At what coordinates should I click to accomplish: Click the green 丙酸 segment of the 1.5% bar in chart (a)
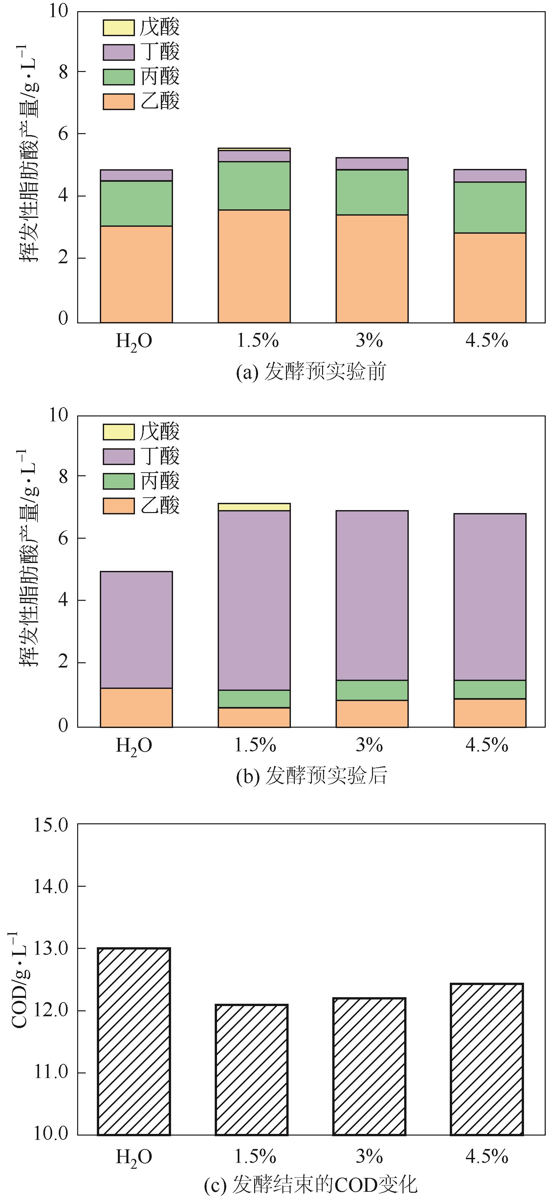coord(254,186)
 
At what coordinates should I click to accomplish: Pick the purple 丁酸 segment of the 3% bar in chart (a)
coord(372,164)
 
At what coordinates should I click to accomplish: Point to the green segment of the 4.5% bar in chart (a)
coord(490,207)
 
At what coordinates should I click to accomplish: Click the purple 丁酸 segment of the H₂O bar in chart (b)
coord(136,630)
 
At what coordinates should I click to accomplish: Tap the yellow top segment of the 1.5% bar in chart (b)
coord(254,507)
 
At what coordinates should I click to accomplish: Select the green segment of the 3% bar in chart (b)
coord(372,690)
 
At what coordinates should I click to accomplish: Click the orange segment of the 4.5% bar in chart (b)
coord(490,713)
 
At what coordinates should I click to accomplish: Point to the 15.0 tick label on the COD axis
coord(51,825)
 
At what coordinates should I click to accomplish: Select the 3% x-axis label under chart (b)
coord(369,745)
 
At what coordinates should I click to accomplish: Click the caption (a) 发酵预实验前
coord(310,372)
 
